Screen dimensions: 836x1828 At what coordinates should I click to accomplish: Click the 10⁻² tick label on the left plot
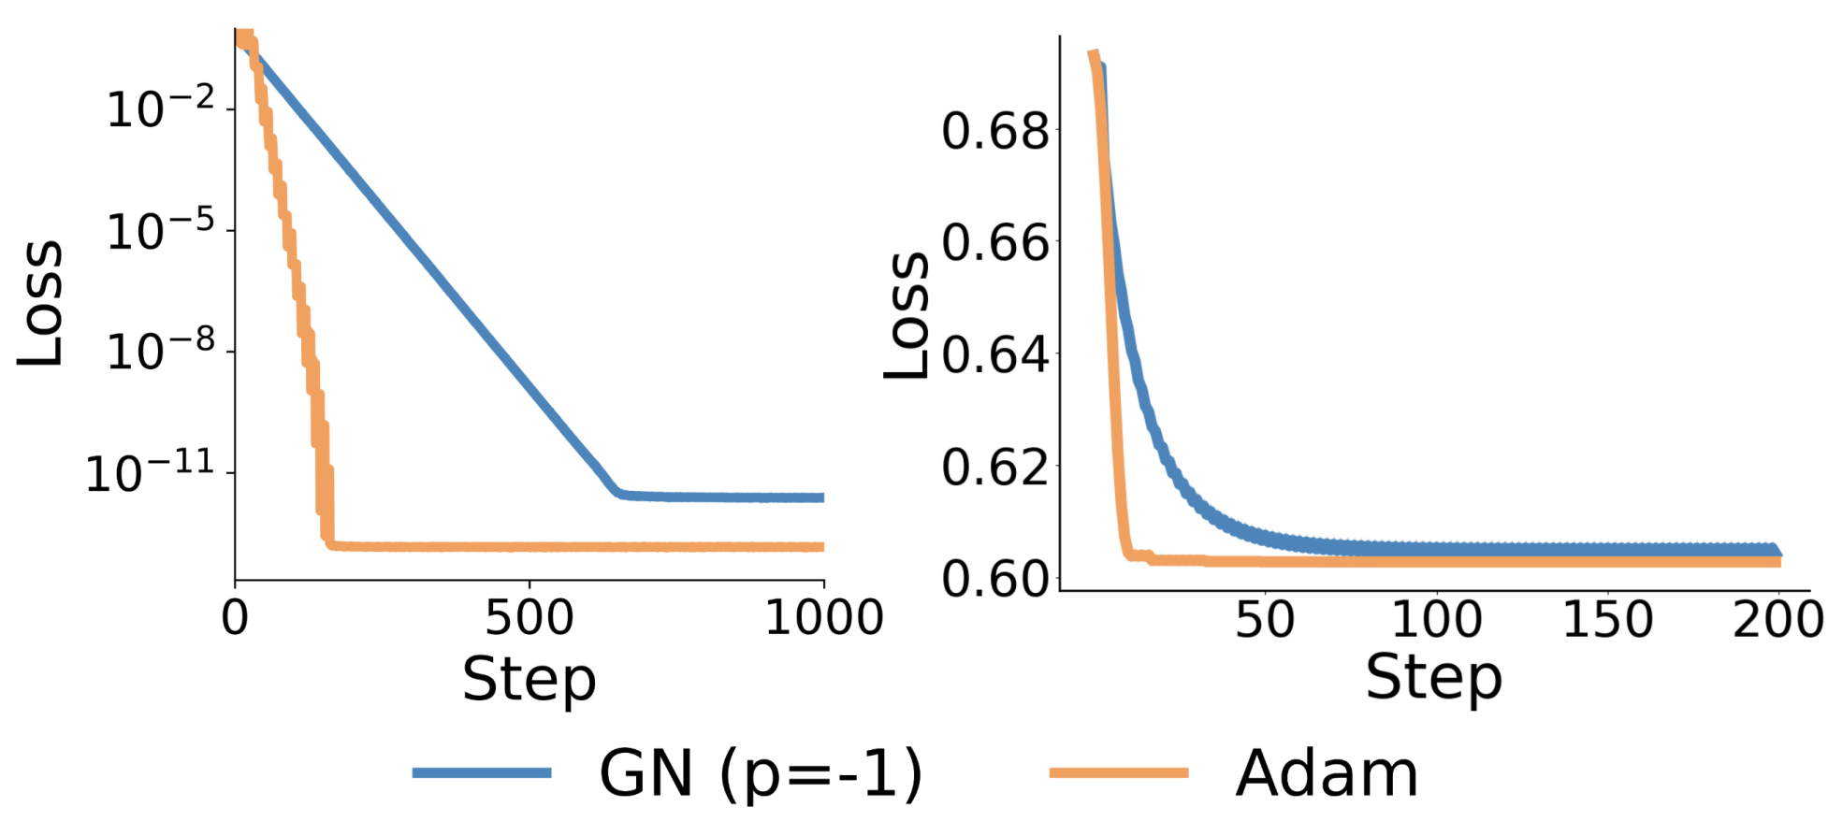pyautogui.click(x=160, y=108)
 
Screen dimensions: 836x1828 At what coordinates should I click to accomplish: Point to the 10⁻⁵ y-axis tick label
pyautogui.click(x=160, y=230)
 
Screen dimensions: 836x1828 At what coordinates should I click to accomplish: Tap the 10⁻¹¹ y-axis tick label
pyautogui.click(x=150, y=472)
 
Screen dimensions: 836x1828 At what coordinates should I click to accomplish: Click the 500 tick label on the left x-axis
pyautogui.click(x=530, y=618)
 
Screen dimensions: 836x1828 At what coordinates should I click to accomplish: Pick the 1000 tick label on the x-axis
pyautogui.click(x=823, y=618)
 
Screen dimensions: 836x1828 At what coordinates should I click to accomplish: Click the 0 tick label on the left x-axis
pyautogui.click(x=235, y=618)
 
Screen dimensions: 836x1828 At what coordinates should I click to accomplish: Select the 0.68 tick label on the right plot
pyautogui.click(x=995, y=131)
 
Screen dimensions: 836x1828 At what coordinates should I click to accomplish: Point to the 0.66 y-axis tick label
pyautogui.click(x=995, y=243)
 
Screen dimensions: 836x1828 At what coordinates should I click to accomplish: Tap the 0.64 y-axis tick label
pyautogui.click(x=995, y=355)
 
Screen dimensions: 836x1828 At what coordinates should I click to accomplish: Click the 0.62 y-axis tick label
pyautogui.click(x=995, y=467)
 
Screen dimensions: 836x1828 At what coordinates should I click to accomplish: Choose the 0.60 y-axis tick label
pyautogui.click(x=995, y=579)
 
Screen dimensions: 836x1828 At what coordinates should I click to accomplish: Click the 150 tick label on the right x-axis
pyautogui.click(x=1607, y=619)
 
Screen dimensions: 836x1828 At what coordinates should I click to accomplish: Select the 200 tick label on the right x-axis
pyautogui.click(x=1777, y=619)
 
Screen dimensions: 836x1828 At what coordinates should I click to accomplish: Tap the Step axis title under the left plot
pyautogui.click(x=529, y=680)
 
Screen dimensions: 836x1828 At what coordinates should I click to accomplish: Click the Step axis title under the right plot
pyautogui.click(x=1433, y=678)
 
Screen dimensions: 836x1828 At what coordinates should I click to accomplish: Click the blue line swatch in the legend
pyautogui.click(x=482, y=772)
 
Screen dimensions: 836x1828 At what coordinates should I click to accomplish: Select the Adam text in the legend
pyautogui.click(x=1327, y=774)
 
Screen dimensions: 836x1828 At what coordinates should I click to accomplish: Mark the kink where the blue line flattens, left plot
pyautogui.click(x=618, y=493)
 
